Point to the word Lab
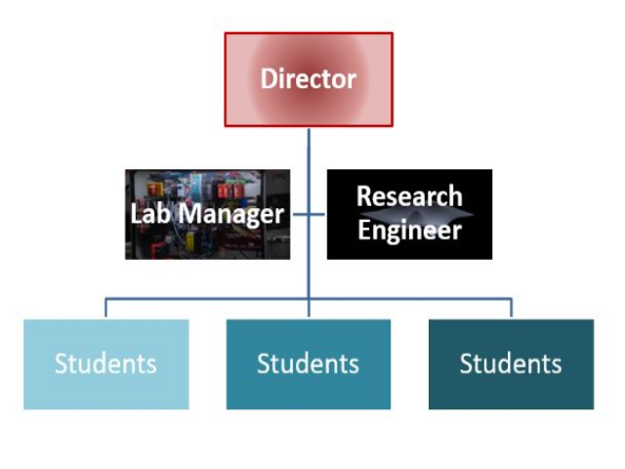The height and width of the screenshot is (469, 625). click(x=150, y=213)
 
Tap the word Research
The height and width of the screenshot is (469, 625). click(x=409, y=196)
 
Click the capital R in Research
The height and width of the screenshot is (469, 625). click(x=364, y=196)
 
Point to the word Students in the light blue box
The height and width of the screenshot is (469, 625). click(x=105, y=364)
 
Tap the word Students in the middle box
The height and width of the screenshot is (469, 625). click(x=309, y=364)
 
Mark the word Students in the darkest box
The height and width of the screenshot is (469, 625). click(x=511, y=364)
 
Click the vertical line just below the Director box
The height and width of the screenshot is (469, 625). click(x=309, y=147)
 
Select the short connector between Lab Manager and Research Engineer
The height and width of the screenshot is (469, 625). click(x=309, y=214)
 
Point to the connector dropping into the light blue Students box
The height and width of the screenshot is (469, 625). click(x=105, y=308)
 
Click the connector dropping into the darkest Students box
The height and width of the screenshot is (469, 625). click(x=511, y=308)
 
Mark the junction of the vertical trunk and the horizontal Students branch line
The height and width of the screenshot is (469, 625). click(x=309, y=299)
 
